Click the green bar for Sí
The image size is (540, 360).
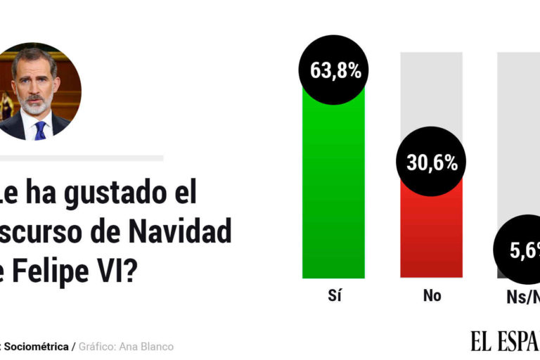(333, 190)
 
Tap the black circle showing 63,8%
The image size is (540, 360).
(335, 70)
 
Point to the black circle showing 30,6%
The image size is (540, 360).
(432, 162)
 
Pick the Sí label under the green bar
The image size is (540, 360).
(334, 296)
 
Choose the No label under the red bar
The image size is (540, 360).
(432, 296)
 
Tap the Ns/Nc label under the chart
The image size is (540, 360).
(524, 297)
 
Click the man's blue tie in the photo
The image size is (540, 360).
(40, 130)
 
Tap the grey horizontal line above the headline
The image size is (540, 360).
(81, 158)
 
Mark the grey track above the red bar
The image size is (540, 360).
(432, 91)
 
